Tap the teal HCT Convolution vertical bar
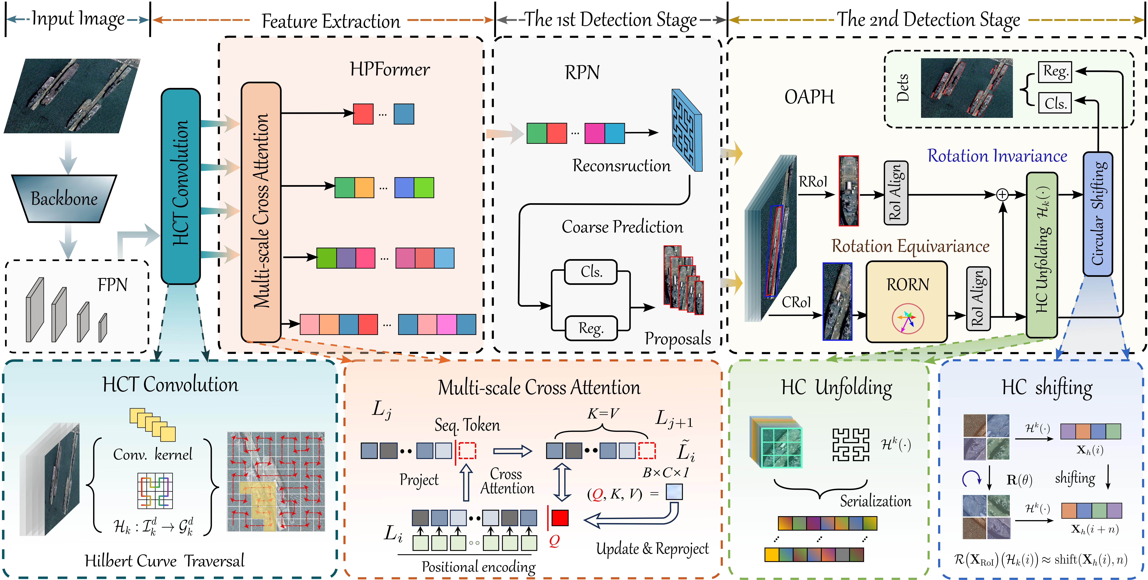coord(180,186)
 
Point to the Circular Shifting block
coord(1098,214)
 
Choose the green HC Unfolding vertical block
coord(1041,255)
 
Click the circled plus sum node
coord(1002,195)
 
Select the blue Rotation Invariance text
coord(997,156)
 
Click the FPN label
coord(112,285)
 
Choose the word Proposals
coord(677,339)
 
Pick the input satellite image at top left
coord(71,96)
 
